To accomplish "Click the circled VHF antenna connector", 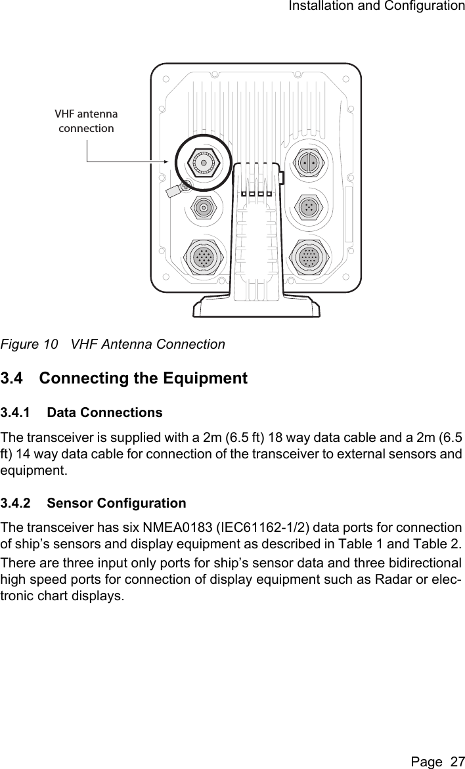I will pyautogui.click(x=204, y=162).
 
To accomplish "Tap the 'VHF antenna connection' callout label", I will pyautogui.click(x=86, y=121).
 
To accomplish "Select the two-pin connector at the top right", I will pyautogui.click(x=308, y=162).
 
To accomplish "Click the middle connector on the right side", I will pyautogui.click(x=308, y=207).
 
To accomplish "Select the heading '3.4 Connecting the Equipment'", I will pyautogui.click(x=124, y=378).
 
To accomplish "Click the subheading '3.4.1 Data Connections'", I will pyautogui.click(x=81, y=413).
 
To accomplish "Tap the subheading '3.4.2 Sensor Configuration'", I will pyautogui.click(x=93, y=504).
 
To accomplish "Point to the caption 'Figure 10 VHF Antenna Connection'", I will pyautogui.click(x=112, y=344).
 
